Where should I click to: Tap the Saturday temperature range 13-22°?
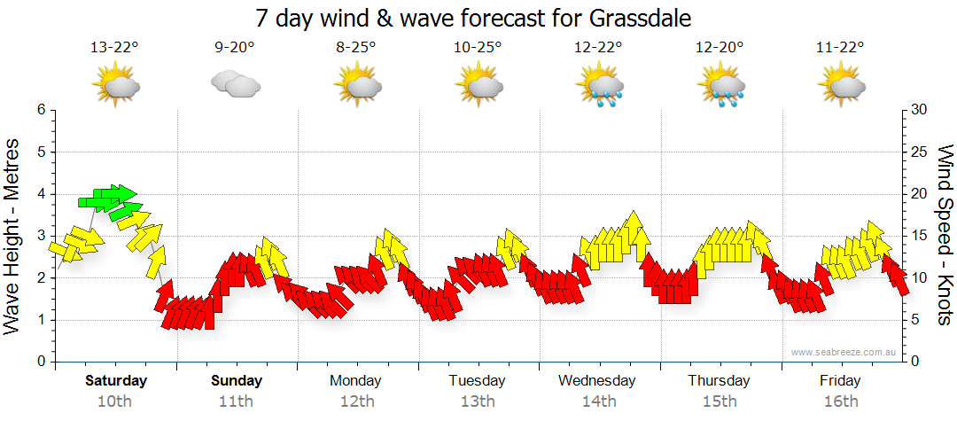point(115,47)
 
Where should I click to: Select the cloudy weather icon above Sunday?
point(236,84)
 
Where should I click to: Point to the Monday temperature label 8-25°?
point(356,47)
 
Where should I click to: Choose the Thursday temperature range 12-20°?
point(720,47)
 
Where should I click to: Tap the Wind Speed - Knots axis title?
point(945,235)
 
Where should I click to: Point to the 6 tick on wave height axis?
point(40,110)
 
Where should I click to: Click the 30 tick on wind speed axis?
point(920,110)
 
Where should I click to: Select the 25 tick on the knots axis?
point(920,152)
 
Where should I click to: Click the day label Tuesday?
point(477,381)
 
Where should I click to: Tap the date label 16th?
point(840,402)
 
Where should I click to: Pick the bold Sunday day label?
point(237,381)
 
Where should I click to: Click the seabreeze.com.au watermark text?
point(844,352)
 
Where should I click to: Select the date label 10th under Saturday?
point(115,402)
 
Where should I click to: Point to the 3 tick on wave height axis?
point(40,236)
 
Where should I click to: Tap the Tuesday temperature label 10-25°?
point(478,47)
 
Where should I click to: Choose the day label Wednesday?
point(597,381)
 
